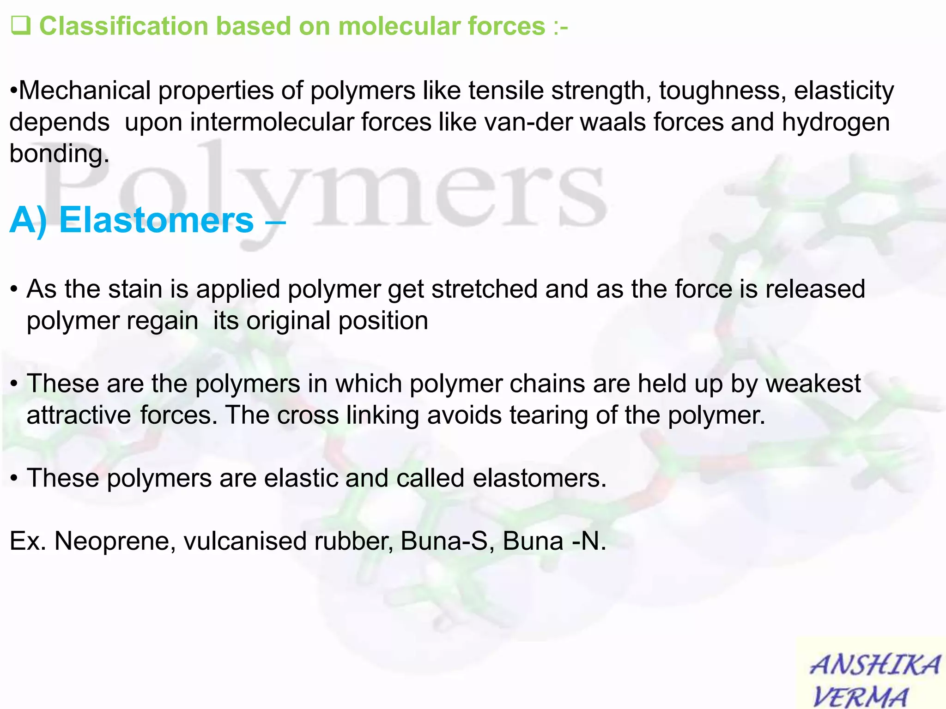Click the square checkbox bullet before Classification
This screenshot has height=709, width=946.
click(20, 25)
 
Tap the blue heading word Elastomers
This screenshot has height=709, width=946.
click(157, 220)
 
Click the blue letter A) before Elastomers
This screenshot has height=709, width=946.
click(29, 221)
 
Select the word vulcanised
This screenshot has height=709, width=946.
click(245, 541)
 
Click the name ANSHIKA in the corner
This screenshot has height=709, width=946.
click(874, 666)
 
